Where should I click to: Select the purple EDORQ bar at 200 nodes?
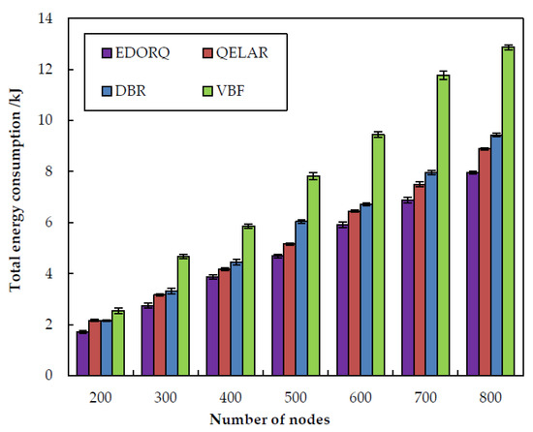tap(82, 354)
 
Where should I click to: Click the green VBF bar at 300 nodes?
tap(182, 316)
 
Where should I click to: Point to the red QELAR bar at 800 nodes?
tap(484, 262)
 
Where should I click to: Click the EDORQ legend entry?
tap(137, 53)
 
